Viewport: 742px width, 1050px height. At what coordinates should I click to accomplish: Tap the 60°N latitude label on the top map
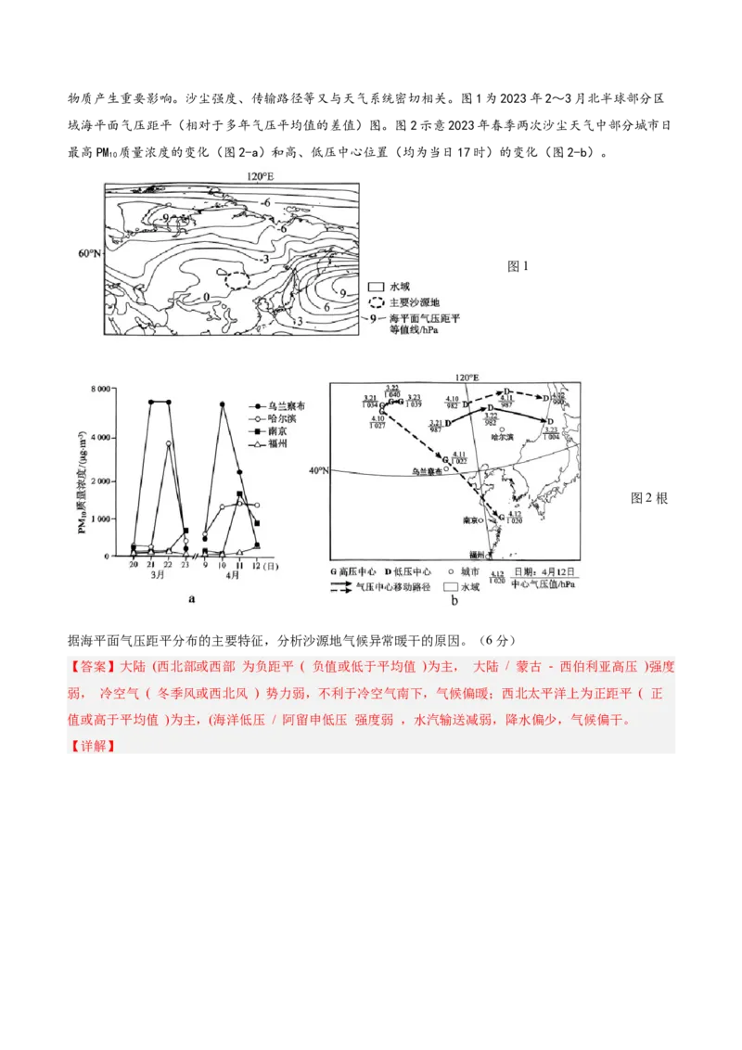[90, 252]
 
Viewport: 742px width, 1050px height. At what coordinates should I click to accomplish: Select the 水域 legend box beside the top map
[377, 288]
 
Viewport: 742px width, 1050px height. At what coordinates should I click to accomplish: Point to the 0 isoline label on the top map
[206, 297]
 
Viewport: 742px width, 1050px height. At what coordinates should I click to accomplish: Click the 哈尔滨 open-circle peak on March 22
[168, 443]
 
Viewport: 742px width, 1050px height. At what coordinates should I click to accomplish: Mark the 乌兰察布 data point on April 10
[222, 403]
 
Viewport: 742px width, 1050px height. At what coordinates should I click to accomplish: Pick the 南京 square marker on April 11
[239, 494]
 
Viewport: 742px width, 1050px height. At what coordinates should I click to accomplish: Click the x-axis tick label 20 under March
[134, 565]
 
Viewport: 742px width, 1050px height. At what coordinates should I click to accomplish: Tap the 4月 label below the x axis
[231, 576]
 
